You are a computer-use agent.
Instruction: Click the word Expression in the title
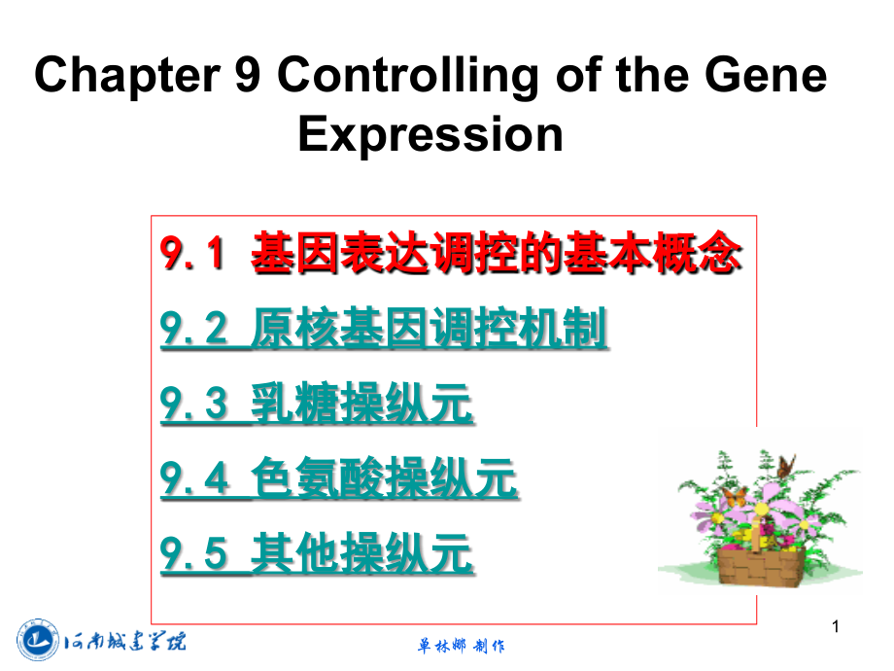430,133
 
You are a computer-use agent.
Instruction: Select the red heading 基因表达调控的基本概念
497,256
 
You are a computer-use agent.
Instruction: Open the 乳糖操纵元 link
362,406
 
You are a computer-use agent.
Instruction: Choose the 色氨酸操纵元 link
384,479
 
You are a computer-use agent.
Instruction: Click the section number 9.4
193,479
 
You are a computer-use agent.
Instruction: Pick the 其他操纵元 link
362,555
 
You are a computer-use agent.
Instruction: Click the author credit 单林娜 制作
461,646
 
